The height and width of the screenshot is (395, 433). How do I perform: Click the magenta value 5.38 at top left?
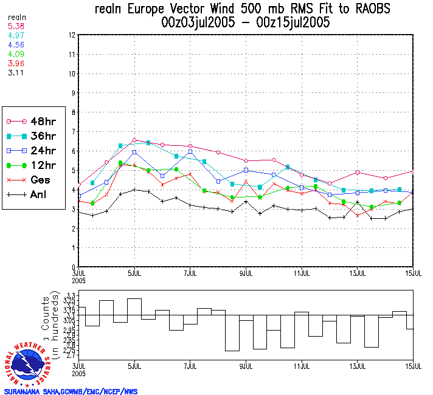click(x=16, y=26)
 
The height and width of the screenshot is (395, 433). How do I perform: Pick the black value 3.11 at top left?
click(x=16, y=72)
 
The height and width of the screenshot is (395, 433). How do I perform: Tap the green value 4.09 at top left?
click(x=16, y=54)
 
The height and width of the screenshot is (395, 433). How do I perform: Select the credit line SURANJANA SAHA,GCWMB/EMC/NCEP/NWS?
click(x=71, y=391)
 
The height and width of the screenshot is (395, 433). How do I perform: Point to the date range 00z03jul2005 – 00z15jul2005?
click(x=246, y=23)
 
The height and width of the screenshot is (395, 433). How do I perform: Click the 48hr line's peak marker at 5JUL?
click(x=134, y=140)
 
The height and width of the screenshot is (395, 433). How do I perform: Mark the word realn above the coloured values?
click(x=16, y=17)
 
